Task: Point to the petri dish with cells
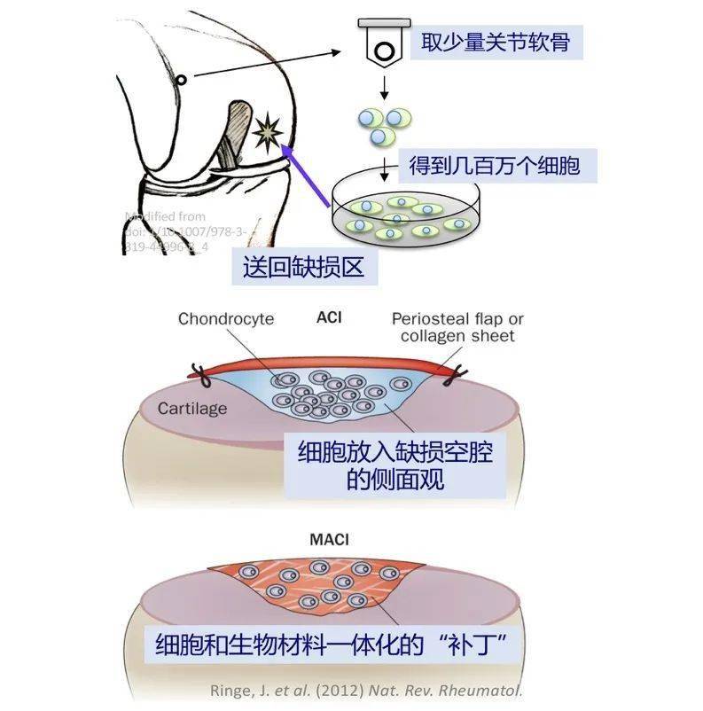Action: click(x=408, y=210)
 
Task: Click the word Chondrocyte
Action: click(x=226, y=318)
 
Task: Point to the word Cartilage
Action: click(x=192, y=408)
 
